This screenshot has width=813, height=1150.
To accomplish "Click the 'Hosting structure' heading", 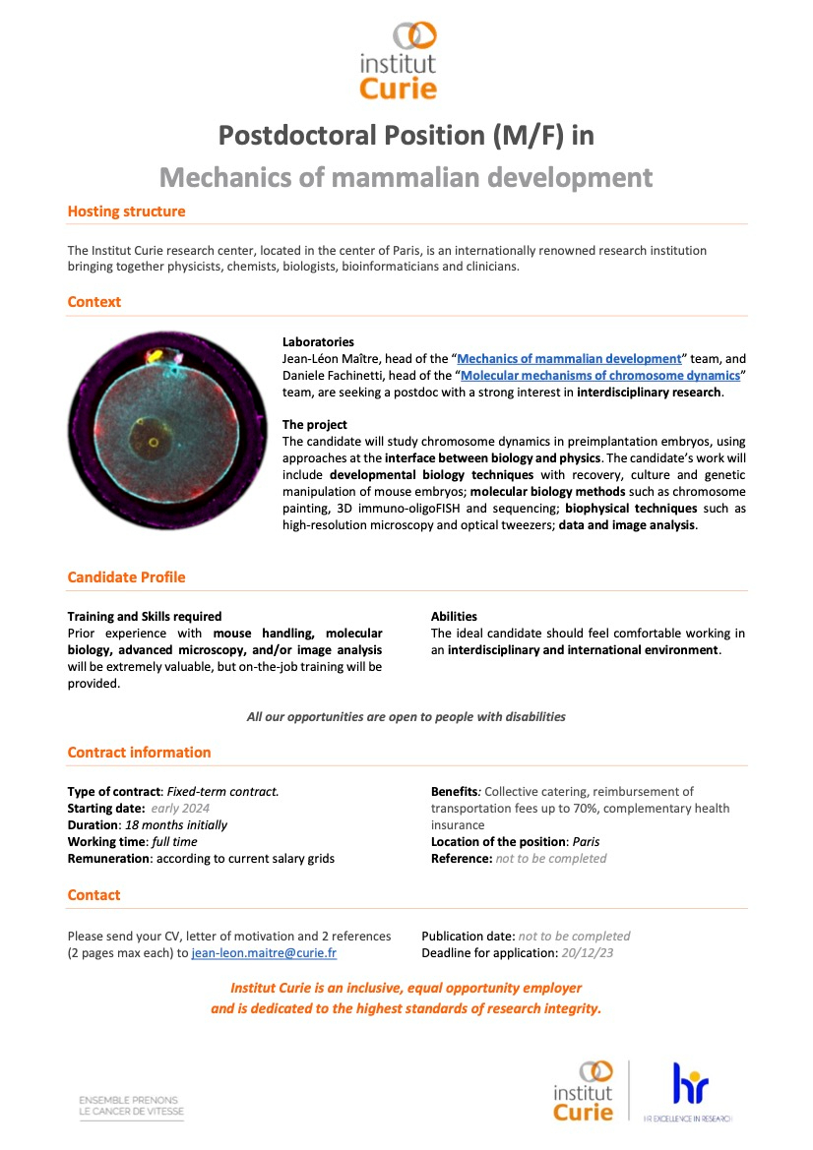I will (x=126, y=212).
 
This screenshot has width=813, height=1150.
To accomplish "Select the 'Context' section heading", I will (x=94, y=302).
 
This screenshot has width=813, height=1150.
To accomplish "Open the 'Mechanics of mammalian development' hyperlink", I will (x=569, y=359).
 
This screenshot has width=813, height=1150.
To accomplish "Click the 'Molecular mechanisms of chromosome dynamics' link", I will (x=600, y=376).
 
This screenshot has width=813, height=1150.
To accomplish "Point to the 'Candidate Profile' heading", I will (x=126, y=577).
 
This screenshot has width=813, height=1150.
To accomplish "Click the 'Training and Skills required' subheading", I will (x=144, y=617).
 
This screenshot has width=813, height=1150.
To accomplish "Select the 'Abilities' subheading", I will (x=454, y=617).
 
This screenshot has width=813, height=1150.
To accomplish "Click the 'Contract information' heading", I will (x=139, y=753).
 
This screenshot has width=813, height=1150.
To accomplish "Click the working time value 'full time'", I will (x=174, y=842).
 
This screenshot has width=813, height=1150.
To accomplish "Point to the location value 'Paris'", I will (x=586, y=842).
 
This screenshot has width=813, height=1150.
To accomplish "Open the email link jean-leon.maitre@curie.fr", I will (x=264, y=953).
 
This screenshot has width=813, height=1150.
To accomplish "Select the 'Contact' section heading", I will (x=94, y=895).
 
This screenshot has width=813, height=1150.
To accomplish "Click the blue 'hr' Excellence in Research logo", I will (x=689, y=1086).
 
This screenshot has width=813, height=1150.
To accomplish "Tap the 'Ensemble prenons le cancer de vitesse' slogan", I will (x=131, y=1106).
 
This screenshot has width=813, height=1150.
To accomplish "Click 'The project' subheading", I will (x=314, y=425).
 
